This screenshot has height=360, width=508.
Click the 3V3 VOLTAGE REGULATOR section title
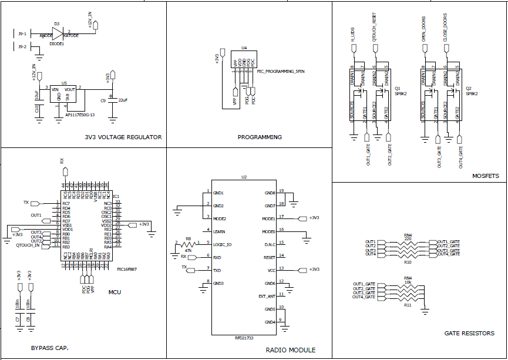123,137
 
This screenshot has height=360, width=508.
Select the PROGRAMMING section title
260,137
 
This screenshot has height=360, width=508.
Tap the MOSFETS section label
486,176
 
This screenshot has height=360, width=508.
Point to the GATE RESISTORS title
469,334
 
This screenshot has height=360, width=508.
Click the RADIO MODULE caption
290,350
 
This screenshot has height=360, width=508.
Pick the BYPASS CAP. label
50,348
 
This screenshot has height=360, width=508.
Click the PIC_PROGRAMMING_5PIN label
281,71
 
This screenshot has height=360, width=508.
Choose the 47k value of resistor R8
189,250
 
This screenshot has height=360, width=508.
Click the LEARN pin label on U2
218,231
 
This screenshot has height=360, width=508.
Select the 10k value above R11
408,282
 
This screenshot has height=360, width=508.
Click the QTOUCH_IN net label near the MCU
28,245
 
